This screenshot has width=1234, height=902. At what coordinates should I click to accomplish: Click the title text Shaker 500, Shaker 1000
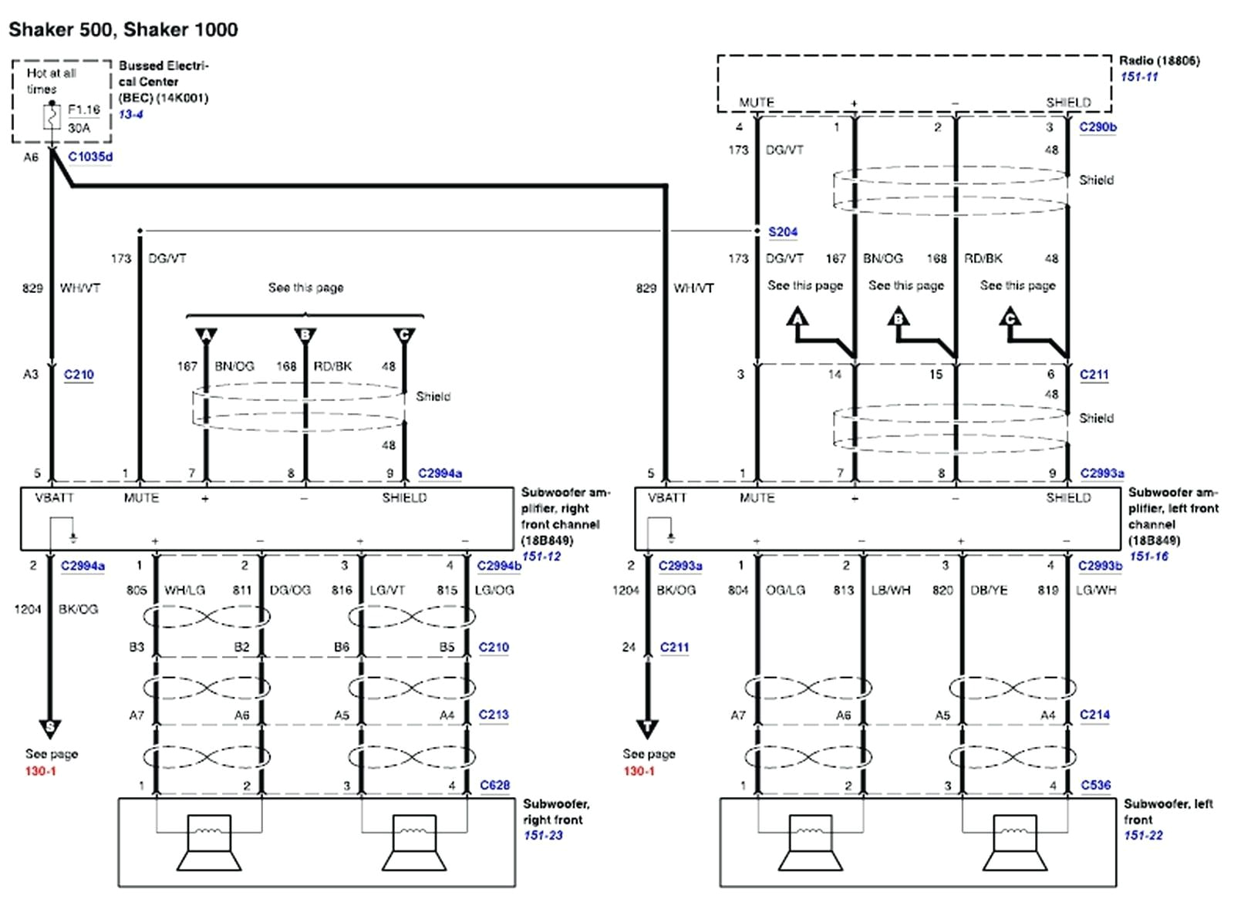click(123, 29)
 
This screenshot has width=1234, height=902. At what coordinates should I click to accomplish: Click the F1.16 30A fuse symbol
click(52, 118)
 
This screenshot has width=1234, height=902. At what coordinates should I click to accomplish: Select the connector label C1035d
click(90, 157)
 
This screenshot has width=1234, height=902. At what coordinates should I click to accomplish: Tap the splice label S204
click(783, 231)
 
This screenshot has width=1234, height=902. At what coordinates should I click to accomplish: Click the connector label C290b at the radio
click(1098, 127)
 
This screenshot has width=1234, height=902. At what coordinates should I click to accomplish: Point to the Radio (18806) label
click(1159, 60)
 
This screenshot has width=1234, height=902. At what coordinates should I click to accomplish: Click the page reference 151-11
click(1139, 76)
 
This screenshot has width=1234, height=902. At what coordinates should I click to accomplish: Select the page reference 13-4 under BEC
click(130, 114)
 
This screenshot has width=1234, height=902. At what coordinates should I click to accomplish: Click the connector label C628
click(494, 785)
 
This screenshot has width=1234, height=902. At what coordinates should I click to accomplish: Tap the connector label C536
click(1095, 785)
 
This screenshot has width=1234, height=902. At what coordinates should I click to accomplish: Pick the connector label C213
click(494, 715)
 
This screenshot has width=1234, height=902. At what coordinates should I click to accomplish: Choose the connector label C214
click(1094, 715)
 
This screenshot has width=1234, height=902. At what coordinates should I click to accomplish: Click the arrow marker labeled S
click(50, 727)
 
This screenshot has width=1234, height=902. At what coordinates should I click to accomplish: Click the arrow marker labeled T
click(647, 727)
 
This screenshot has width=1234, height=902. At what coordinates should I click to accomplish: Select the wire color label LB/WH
click(891, 590)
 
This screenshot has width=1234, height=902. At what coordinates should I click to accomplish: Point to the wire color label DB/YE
click(989, 590)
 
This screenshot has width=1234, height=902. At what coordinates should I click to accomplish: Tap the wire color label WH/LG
click(184, 590)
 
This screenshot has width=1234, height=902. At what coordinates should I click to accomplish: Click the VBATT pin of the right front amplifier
click(54, 498)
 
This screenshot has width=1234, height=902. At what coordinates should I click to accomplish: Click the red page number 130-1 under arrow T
click(639, 771)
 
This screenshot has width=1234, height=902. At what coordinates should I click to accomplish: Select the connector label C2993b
click(1100, 566)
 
